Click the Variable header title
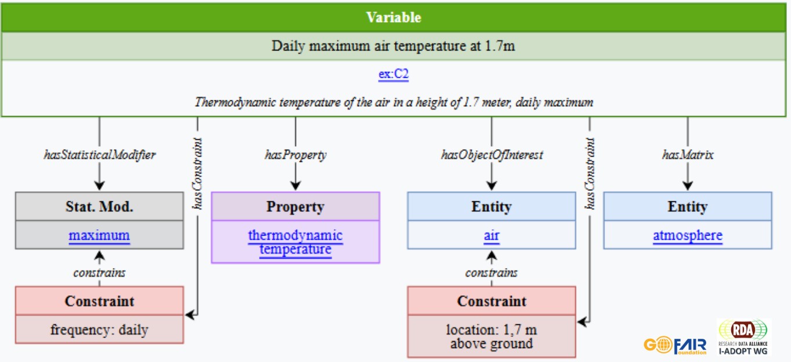393,17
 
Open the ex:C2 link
393,75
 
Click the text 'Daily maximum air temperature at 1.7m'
393,46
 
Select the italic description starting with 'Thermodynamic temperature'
393,103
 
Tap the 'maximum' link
99,236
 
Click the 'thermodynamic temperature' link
295,242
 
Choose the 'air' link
491,236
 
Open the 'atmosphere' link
688,236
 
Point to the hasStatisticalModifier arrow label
100,155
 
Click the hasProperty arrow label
295,155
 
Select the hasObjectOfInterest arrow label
491,155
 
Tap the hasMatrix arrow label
688,155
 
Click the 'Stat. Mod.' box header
99,207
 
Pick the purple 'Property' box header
295,207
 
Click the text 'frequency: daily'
99,330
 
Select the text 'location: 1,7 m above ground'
491,336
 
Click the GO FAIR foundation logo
675,345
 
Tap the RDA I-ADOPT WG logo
743,337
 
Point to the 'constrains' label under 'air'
491,273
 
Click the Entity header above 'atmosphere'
688,207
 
